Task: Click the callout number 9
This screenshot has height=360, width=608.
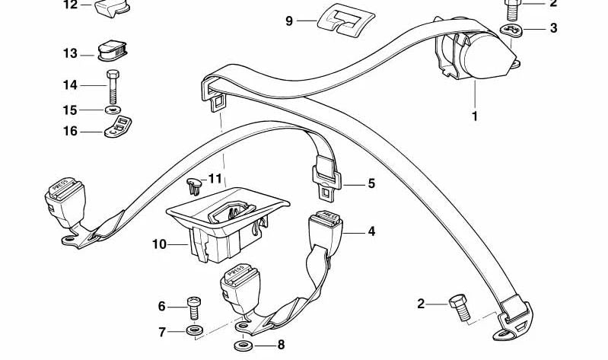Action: click(289, 21)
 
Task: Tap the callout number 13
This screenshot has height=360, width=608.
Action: click(70, 53)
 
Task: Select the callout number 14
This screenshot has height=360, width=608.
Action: click(70, 84)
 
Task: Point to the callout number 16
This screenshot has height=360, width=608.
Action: click(70, 131)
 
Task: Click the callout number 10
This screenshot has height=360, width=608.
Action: click(158, 244)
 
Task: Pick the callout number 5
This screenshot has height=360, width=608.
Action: click(371, 183)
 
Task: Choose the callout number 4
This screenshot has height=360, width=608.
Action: click(371, 231)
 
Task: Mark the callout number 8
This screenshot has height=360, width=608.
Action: click(281, 345)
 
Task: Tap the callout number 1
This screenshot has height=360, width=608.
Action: click(475, 116)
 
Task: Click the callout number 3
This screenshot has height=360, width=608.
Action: click(553, 28)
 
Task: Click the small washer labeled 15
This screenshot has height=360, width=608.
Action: click(113, 110)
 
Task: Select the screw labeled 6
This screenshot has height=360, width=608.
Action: click(193, 308)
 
